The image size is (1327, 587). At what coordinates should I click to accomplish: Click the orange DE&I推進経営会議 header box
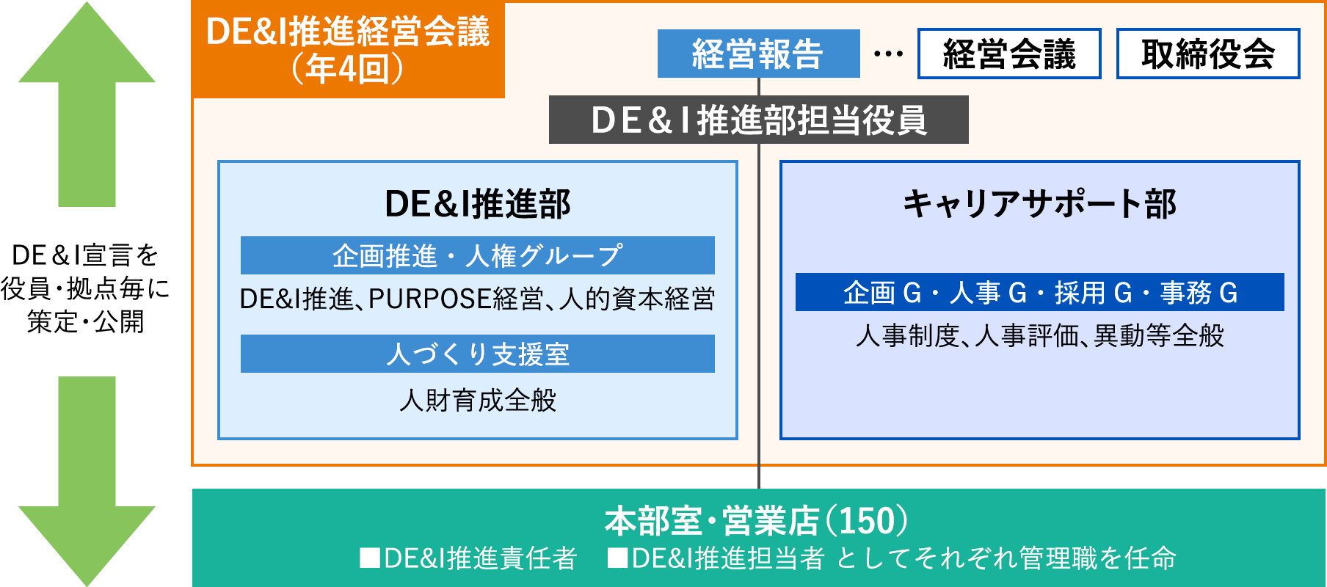click(348, 50)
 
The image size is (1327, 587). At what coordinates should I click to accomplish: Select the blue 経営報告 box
click(758, 54)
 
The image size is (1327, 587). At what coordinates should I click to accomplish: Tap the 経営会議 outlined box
click(1009, 54)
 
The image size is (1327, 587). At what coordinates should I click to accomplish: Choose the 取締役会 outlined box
click(1208, 54)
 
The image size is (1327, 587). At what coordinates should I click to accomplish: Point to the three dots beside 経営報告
click(888, 54)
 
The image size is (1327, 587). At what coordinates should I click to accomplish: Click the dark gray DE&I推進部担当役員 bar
click(758, 120)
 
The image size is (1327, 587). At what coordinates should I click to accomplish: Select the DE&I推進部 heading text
click(477, 204)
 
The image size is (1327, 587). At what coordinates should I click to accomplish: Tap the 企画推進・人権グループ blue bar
click(477, 255)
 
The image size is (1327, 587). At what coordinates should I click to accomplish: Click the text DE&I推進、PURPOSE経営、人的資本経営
click(477, 299)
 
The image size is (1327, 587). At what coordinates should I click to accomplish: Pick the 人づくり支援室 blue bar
click(477, 354)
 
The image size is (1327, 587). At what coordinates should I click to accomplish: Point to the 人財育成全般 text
click(477, 400)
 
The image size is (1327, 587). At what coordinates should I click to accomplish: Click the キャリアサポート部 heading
click(1039, 204)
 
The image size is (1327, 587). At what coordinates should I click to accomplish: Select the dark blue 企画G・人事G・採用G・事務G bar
click(1039, 292)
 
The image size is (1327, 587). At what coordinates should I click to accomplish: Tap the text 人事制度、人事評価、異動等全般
click(1039, 335)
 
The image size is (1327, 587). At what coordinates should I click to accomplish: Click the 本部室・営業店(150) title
click(756, 521)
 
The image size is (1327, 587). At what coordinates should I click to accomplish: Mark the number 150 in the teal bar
click(867, 521)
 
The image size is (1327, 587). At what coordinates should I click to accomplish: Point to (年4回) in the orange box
click(348, 69)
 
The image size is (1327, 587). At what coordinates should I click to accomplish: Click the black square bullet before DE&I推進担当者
click(617, 558)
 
